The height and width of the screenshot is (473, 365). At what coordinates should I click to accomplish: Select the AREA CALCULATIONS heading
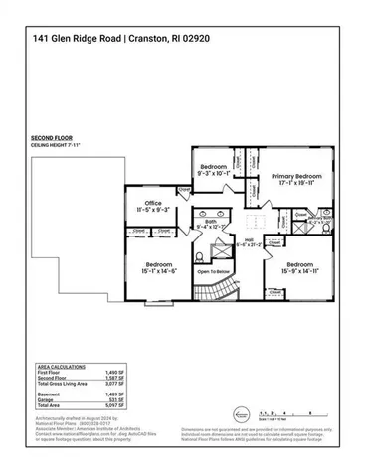59,367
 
